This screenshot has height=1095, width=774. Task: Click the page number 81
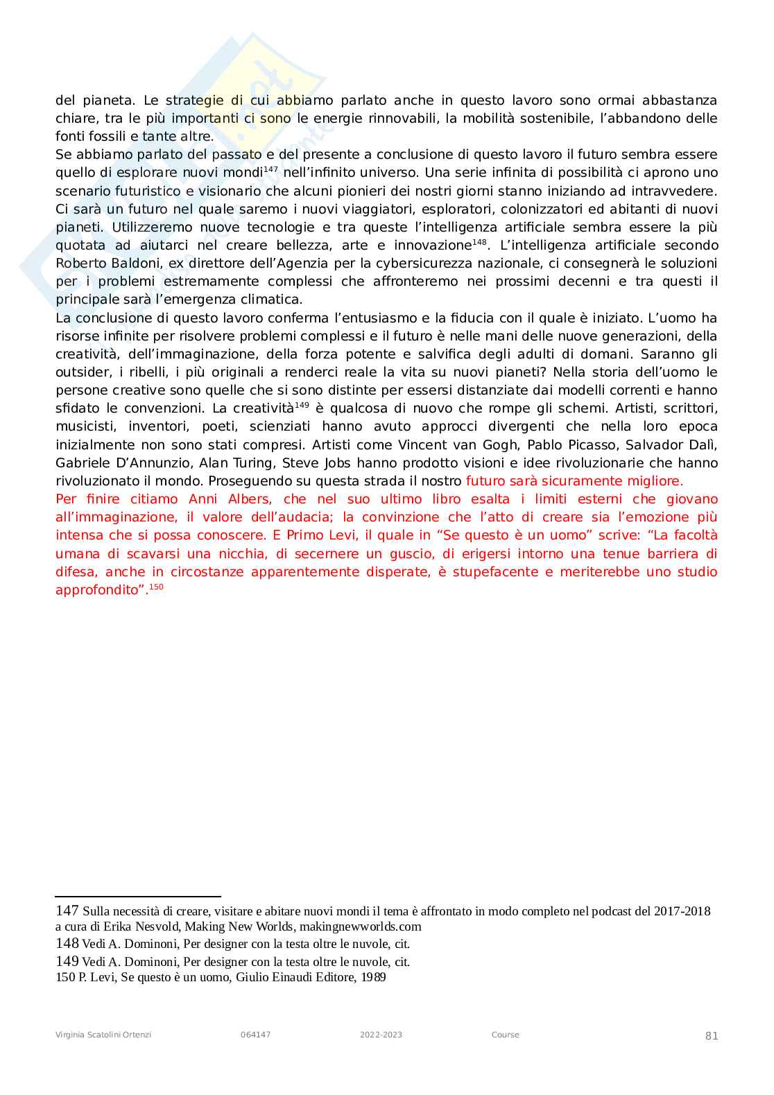712,1036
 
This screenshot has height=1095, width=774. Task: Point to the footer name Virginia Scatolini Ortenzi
103,1035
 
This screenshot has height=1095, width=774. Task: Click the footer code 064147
256,1035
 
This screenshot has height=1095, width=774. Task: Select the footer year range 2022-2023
381,1035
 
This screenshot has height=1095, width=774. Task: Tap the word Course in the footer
505,1035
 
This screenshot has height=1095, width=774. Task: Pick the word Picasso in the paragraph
590,445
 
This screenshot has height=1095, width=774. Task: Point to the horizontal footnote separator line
137,897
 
